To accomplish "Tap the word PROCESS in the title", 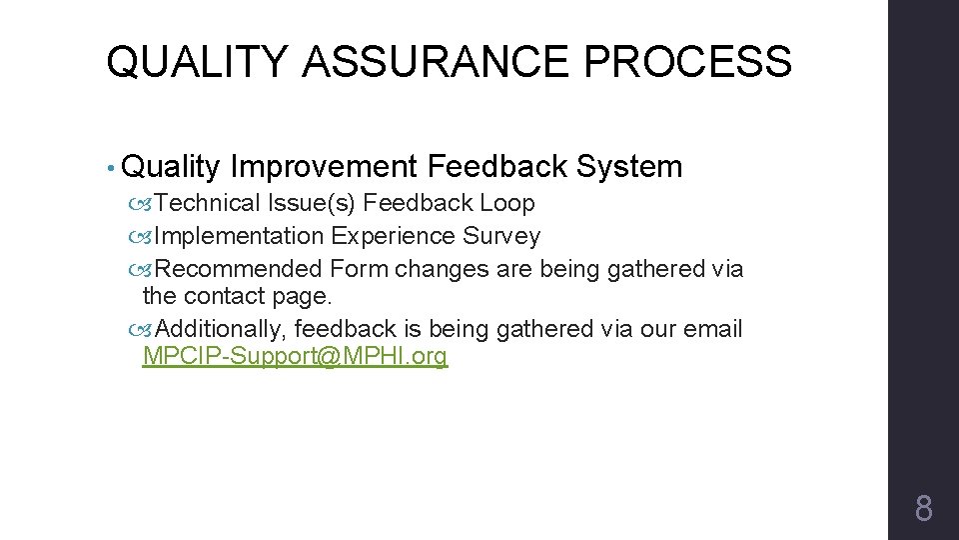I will pyautogui.click(x=688, y=62).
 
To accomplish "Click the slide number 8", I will pyautogui.click(x=923, y=509).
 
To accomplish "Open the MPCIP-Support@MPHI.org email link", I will pyautogui.click(x=296, y=356).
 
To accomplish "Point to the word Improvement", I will pyautogui.click(x=322, y=167).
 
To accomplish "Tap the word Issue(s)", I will pyautogui.click(x=311, y=204).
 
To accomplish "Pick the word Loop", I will pyautogui.click(x=507, y=204).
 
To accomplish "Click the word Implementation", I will pyautogui.click(x=240, y=237).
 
